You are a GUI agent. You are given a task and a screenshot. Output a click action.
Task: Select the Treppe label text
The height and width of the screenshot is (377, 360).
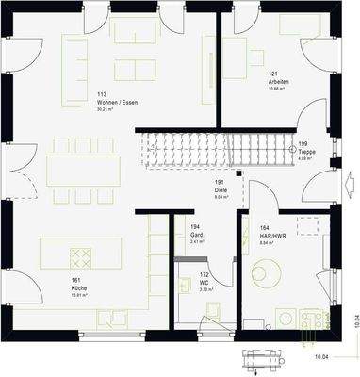coord(305,151)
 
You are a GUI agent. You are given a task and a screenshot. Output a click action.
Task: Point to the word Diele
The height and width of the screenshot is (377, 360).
coord(220,189)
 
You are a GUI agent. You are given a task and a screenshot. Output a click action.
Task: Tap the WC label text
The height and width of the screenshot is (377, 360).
coord(205,283)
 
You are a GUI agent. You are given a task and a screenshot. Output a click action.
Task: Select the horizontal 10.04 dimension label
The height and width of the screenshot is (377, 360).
coord(320,357)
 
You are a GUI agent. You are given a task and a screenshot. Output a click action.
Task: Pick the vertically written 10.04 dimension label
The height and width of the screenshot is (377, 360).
coord(351,320)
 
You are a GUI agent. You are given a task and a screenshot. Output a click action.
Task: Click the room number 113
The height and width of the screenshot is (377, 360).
coord(101,94)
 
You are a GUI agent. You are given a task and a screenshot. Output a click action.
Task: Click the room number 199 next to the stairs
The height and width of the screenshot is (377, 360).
coord(303,144)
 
